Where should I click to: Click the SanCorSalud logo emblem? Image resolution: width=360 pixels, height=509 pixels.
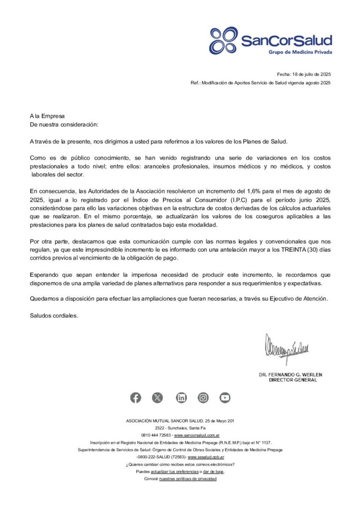click(x=224, y=40)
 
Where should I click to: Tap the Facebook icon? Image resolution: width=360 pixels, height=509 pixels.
click(x=135, y=398)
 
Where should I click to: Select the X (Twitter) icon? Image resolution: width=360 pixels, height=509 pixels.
click(x=158, y=398)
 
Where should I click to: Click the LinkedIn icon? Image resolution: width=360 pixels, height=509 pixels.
click(x=181, y=398)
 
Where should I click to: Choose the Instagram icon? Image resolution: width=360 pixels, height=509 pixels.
click(x=203, y=398)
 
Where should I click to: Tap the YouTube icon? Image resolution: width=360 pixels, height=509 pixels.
click(x=225, y=398)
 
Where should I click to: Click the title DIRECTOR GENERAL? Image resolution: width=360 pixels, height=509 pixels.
click(x=292, y=380)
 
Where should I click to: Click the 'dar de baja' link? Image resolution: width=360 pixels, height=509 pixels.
click(x=214, y=471)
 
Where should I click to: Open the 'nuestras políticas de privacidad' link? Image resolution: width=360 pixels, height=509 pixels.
click(x=188, y=479)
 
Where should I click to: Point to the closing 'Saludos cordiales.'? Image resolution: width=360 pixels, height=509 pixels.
click(x=54, y=316)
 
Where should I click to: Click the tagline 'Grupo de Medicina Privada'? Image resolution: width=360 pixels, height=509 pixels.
click(x=300, y=52)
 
